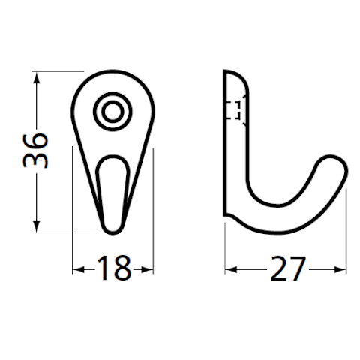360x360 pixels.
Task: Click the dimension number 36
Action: [35, 151]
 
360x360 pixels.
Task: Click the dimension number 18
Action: [114, 268]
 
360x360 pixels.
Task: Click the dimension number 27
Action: [288, 268]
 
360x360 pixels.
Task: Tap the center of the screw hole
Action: [112, 112]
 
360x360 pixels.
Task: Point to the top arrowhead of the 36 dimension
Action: [37, 77]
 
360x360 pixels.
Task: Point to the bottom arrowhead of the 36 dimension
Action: [37, 227]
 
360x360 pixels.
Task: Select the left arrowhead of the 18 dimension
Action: [78, 270]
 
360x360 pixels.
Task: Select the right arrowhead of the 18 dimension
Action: [147, 270]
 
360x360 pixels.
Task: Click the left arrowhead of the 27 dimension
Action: [231, 270]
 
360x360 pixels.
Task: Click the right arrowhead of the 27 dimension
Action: [340, 270]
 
